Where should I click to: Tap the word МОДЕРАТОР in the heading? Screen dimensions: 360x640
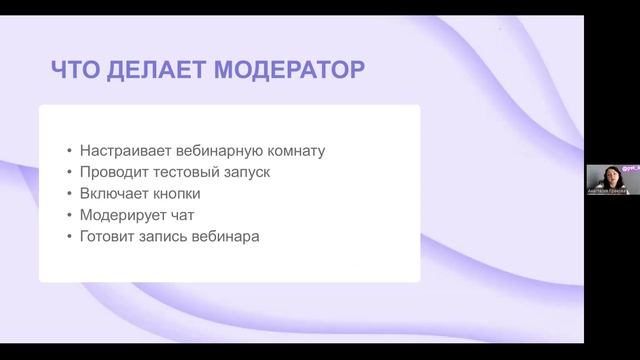pyautogui.click(x=291, y=70)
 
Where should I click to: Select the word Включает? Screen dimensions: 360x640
pyautogui.click(x=113, y=193)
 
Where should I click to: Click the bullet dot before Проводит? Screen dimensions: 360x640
pyautogui.click(x=69, y=173)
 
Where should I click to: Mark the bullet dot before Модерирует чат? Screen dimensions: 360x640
pyautogui.click(x=69, y=215)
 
